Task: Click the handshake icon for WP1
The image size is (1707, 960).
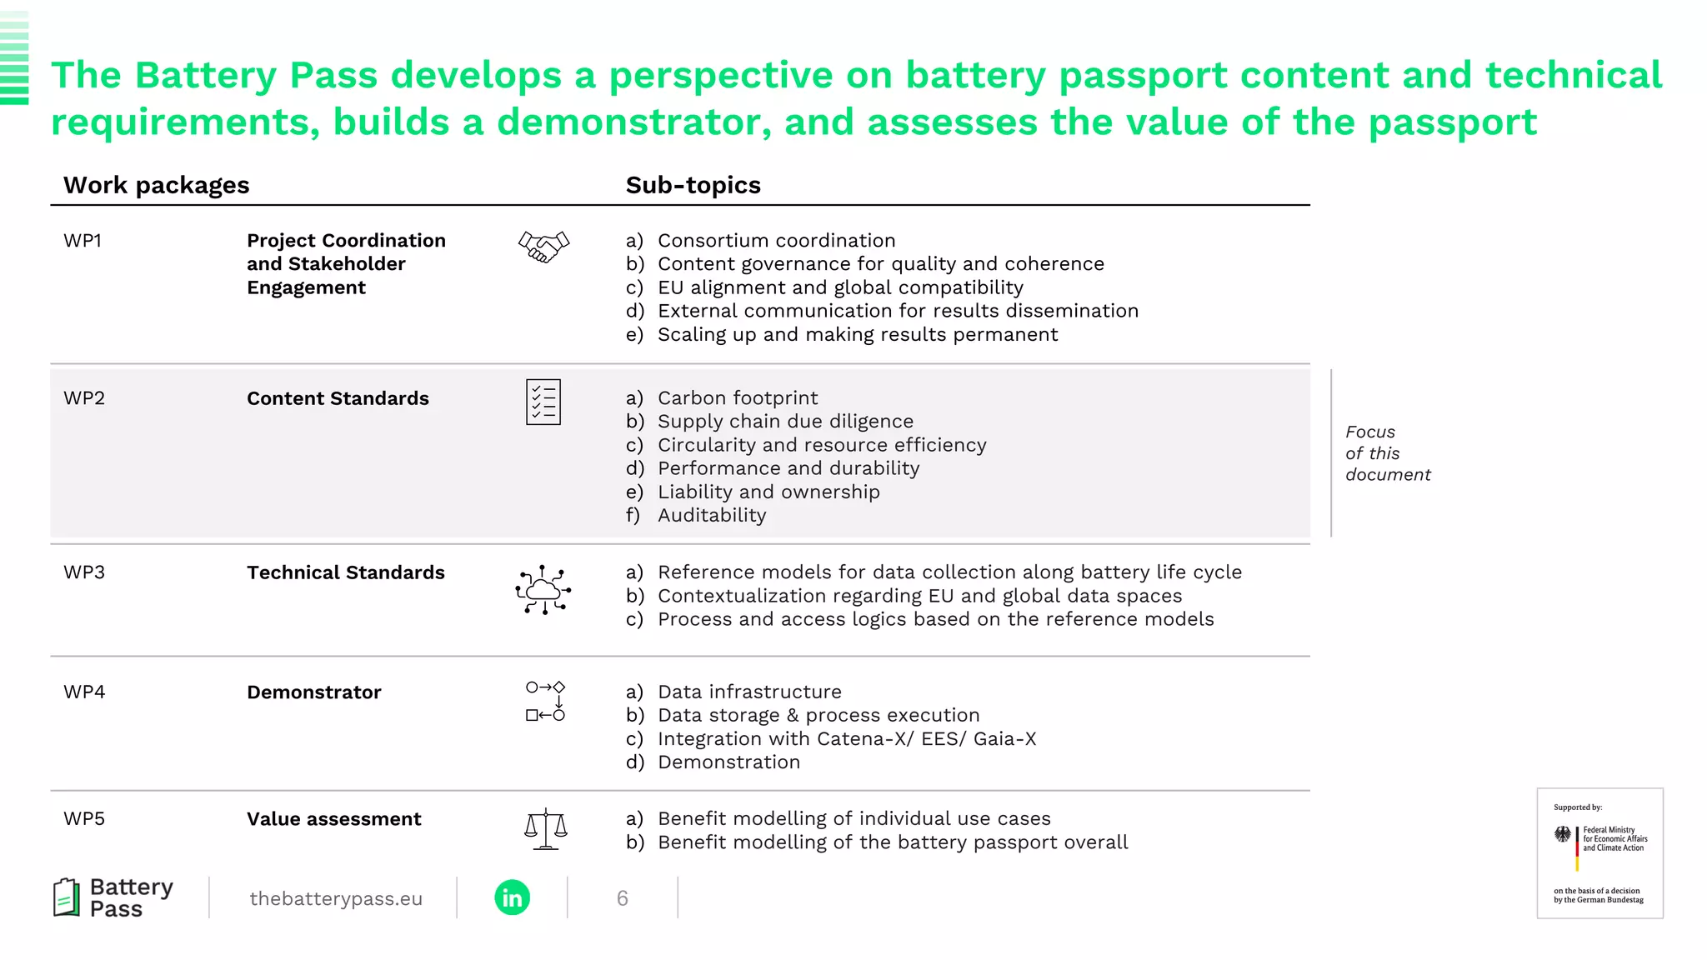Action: pos(543,247)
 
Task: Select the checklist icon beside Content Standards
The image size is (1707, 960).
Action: pos(543,402)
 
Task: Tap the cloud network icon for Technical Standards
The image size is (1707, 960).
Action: pos(543,590)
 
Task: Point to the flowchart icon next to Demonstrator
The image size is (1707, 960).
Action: pos(545,701)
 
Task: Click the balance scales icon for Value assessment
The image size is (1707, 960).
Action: pos(545,829)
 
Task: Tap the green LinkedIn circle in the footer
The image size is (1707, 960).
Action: pos(512,897)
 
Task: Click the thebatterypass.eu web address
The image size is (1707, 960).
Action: pos(336,898)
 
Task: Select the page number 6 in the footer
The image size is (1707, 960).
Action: pos(622,898)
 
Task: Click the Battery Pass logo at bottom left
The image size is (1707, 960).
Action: pos(113,897)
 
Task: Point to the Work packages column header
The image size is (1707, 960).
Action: pos(157,185)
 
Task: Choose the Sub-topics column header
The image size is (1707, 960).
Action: pos(693,185)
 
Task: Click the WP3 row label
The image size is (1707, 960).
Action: pos(84,572)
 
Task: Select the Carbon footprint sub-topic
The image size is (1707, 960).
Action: pos(738,398)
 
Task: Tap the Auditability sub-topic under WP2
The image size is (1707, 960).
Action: pos(712,516)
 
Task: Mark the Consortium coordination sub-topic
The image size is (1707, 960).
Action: pos(776,241)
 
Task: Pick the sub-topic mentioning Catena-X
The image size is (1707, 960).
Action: pos(846,739)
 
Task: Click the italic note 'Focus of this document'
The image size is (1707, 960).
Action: pos(1387,453)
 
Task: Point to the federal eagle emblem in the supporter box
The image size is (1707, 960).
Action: pos(1563,834)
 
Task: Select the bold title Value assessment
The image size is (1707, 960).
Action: pos(333,819)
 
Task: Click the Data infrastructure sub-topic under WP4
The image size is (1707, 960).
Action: pos(749,692)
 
